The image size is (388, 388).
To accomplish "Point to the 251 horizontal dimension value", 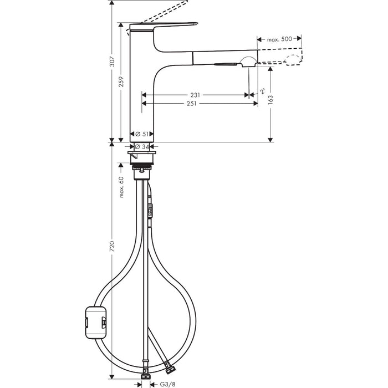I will [191, 103].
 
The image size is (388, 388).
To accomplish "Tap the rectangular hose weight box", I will [96, 321].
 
